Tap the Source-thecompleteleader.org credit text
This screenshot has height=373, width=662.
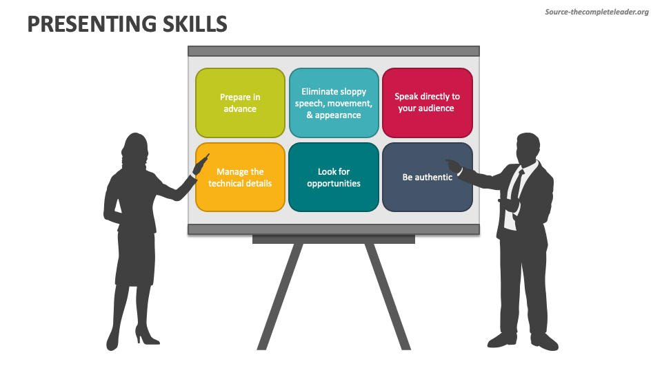click(596, 12)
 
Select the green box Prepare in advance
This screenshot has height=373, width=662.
click(240, 103)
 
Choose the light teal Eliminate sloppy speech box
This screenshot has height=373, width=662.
click(334, 103)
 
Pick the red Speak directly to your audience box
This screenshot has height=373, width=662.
click(428, 103)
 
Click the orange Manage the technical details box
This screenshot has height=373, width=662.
click(240, 178)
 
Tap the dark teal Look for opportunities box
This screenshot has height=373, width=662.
click(334, 178)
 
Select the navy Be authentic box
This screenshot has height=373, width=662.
click(428, 178)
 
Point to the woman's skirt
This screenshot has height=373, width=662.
click(135, 258)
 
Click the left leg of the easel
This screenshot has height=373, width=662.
click(280, 296)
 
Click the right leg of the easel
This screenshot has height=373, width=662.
click(388, 296)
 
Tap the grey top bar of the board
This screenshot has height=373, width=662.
click(334, 51)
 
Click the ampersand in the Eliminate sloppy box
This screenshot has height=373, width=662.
click(310, 115)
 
